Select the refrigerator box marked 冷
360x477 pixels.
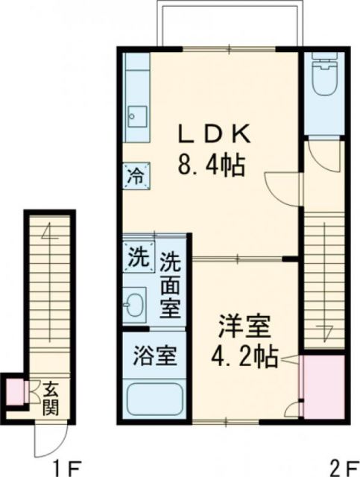point(136,177)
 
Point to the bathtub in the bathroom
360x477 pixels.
point(154,399)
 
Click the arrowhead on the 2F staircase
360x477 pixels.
point(326,326)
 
